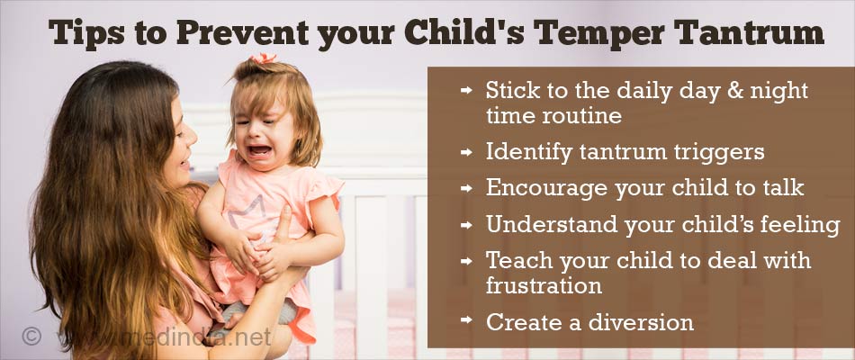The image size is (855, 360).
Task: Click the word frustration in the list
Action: click(x=544, y=285)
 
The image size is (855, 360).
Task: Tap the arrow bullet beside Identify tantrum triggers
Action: click(x=465, y=153)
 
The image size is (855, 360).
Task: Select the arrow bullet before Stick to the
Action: click(x=465, y=91)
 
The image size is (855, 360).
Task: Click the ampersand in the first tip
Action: click(x=719, y=90)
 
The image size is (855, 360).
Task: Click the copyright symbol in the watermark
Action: click(x=32, y=337)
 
